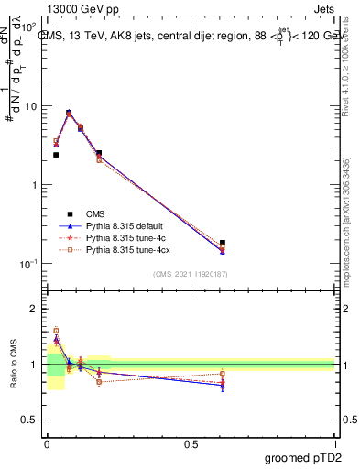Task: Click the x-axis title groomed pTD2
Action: (303, 457)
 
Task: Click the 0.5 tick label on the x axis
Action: (191, 443)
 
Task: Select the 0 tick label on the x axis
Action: (47, 443)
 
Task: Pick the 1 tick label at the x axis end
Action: (334, 443)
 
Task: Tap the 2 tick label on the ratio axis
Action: (32, 309)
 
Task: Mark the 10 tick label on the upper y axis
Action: (29, 106)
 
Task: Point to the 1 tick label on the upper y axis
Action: (32, 185)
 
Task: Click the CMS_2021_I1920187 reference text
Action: (191, 275)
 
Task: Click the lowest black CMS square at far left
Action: (56, 155)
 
